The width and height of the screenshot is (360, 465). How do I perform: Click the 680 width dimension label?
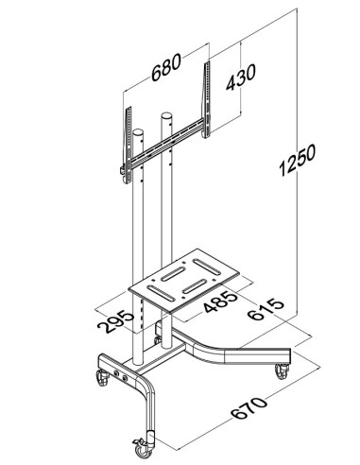coord(166,67)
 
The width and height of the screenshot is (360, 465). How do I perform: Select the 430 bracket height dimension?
coord(241,77)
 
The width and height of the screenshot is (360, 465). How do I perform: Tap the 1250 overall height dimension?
coord(297,160)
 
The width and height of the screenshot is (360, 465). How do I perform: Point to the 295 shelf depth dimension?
coord(116,321)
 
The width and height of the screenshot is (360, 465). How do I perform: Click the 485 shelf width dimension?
coord(220,302)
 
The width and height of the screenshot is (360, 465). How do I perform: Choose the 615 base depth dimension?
coord(266,309)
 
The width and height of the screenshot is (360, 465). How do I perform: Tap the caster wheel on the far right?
coord(282,371)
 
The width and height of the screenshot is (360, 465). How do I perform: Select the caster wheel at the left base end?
coord(103,377)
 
